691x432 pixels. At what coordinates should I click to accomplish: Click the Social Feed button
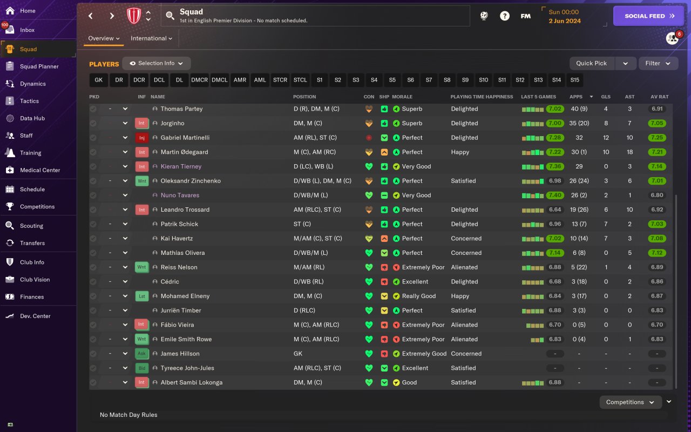pos(649,16)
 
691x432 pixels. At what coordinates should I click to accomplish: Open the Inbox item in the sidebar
pos(27,30)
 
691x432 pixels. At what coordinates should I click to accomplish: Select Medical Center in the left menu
pos(39,170)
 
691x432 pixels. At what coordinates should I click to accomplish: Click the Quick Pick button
pos(592,63)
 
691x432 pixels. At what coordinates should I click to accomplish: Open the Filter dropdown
pos(658,63)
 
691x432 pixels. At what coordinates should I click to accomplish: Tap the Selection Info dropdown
pos(156,63)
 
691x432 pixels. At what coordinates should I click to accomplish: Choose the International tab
pos(151,38)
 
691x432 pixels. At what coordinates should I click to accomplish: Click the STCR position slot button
pos(280,80)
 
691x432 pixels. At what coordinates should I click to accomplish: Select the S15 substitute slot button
pos(574,80)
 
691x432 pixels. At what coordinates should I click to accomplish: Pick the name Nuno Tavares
pos(180,195)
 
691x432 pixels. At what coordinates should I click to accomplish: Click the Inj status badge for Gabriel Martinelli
pos(141,138)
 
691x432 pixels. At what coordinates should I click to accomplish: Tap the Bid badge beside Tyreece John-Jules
pos(141,368)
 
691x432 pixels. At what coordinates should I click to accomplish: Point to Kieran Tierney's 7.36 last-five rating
pos(554,166)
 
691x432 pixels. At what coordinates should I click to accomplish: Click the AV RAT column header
pos(660,97)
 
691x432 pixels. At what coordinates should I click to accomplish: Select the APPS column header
pos(576,97)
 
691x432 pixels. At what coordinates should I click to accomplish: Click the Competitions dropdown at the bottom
pos(630,402)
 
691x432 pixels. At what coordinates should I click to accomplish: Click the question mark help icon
pos(504,16)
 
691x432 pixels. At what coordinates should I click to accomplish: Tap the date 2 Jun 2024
pos(564,21)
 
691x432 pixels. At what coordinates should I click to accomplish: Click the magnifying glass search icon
pos(170,16)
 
